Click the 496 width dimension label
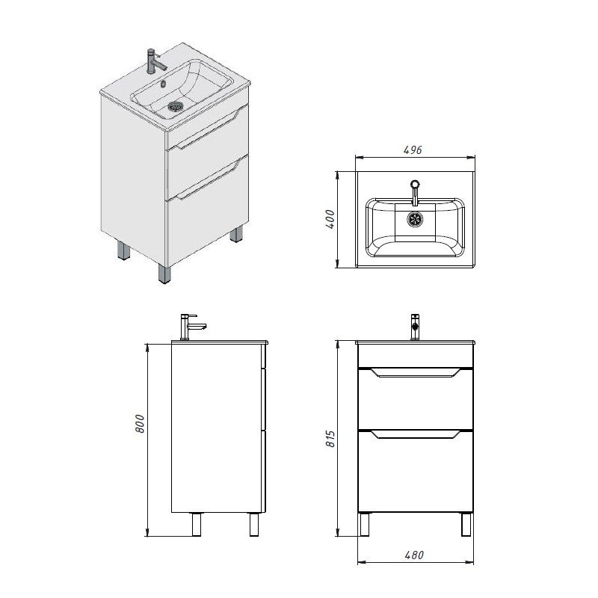tap(413, 150)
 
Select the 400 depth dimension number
tap(330, 219)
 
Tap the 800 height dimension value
tap(140, 423)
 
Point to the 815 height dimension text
tap(330, 439)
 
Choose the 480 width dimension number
tap(414, 555)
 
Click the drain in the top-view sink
tap(415, 219)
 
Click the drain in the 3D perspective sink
tap(176, 105)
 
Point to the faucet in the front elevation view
tap(415, 327)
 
